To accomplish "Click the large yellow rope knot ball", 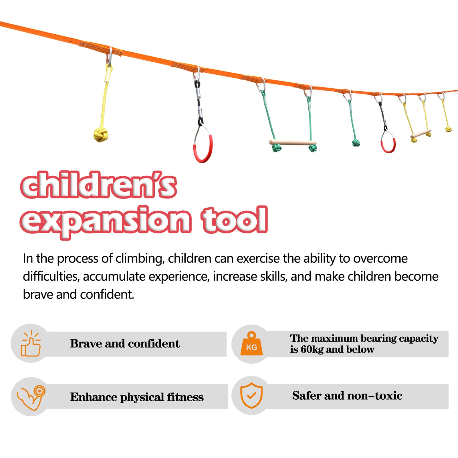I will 101,134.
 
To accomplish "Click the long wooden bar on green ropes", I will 292,142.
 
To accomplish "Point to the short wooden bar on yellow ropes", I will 421,134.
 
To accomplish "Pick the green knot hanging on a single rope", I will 356,143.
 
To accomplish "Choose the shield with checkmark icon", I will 251,395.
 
